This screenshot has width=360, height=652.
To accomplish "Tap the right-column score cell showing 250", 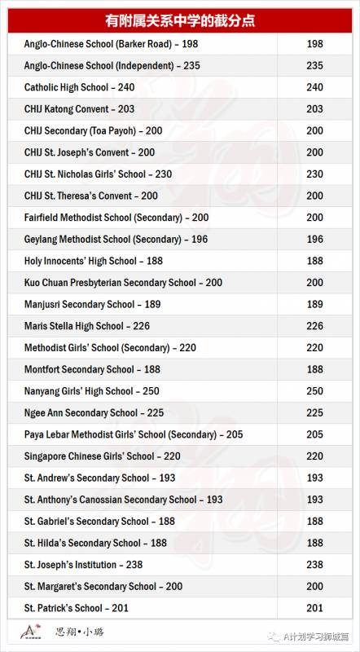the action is pyautogui.click(x=314, y=391).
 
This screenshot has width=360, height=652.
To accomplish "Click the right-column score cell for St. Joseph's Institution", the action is pyautogui.click(x=314, y=565).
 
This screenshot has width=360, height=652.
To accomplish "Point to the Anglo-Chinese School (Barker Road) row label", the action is pyautogui.click(x=111, y=44).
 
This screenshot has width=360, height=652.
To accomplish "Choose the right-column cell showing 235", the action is pyautogui.click(x=314, y=65).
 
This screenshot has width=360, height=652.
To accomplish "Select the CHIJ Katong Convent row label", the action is pyautogui.click(x=80, y=109).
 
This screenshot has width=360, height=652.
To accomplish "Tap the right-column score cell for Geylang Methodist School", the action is pyautogui.click(x=314, y=240).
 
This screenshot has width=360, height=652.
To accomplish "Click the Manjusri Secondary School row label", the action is pyautogui.click(x=91, y=305).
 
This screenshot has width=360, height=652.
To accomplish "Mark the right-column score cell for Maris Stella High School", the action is pyautogui.click(x=314, y=326).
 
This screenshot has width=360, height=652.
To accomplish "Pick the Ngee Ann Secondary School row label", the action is pyautogui.click(x=94, y=413).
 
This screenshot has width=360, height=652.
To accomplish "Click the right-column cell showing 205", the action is pyautogui.click(x=314, y=435).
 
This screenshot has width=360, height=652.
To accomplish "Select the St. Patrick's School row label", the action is pyautogui.click(x=77, y=608).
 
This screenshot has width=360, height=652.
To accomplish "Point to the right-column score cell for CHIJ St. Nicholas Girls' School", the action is pyautogui.click(x=314, y=174).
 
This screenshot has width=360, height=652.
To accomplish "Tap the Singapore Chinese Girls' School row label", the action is pyautogui.click(x=102, y=456).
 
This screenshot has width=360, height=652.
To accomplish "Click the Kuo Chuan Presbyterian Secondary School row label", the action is pyautogui.click(x=123, y=283).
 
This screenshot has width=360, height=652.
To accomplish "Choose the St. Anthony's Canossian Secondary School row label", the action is pyautogui.click(x=123, y=500).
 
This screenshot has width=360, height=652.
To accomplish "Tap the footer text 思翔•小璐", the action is pyautogui.click(x=79, y=632).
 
